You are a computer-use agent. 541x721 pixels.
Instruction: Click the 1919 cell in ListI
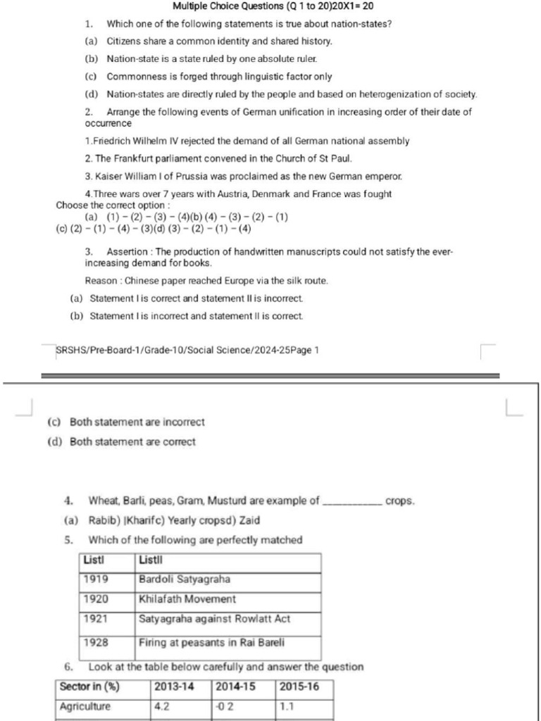click(96, 579)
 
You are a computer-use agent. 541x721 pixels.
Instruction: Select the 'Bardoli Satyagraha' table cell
click(185, 579)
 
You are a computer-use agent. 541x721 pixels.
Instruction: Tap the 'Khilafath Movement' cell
click(187, 599)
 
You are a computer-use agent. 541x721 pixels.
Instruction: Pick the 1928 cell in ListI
click(96, 642)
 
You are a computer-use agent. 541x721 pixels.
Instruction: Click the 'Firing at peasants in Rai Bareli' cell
click(211, 642)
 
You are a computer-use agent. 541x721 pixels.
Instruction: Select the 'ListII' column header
click(151, 560)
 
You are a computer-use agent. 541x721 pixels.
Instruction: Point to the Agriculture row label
click(85, 706)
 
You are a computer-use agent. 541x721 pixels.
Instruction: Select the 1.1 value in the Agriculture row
click(287, 706)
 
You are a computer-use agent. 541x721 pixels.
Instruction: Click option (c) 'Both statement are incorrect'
click(137, 422)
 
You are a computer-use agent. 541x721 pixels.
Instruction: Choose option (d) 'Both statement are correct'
click(132, 442)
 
